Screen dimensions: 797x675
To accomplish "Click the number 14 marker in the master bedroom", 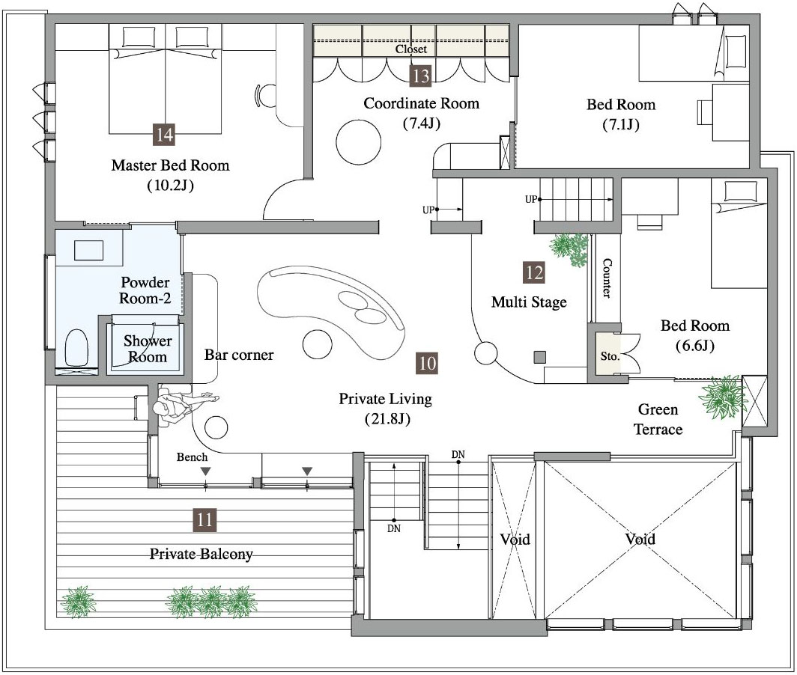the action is coord(163,135).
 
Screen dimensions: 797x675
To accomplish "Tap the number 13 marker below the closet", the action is coord(421,76).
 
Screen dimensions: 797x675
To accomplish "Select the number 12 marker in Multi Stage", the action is coord(534,272).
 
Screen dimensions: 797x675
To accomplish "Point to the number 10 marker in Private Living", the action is coord(427,363).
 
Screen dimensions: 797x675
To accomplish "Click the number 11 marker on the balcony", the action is coord(204,520).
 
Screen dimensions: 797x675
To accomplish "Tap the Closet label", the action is coord(411,49).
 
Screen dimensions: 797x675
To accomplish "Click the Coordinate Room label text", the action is coord(422,103).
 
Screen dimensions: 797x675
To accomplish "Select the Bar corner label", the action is coord(239,355).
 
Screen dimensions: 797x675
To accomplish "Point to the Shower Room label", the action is coord(148,349).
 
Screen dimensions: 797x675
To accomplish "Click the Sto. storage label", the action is coord(610,356).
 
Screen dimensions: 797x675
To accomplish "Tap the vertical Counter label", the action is coord(607,278).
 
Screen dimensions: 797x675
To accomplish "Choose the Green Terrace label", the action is coord(658,419).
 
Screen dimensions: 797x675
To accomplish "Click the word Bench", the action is coord(192,457).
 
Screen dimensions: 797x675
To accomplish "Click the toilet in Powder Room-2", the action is coord(76,347).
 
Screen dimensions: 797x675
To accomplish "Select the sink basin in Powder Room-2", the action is coord(88,251).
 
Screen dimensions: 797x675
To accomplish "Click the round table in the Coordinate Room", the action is coord(358,141).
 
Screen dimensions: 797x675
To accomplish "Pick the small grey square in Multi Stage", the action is coord(540,357).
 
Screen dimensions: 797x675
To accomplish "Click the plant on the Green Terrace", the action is coord(721,397).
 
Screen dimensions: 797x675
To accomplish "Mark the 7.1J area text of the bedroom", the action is coord(621,125).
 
